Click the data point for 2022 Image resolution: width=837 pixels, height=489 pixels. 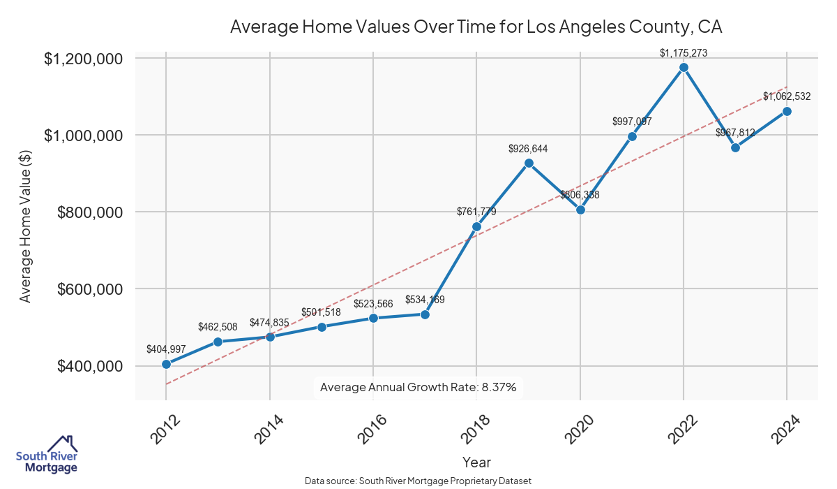click(x=684, y=67)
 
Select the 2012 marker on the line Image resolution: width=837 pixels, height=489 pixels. click(x=166, y=364)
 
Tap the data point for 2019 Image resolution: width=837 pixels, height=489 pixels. click(x=529, y=163)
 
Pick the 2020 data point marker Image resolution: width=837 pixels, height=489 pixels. click(x=580, y=210)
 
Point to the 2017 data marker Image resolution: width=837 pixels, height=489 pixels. click(x=425, y=314)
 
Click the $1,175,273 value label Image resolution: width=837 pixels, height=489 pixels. click(x=684, y=52)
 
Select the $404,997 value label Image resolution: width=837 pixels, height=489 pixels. click(x=166, y=349)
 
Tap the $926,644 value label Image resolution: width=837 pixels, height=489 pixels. click(x=529, y=148)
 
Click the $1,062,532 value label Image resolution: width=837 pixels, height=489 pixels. click(x=787, y=96)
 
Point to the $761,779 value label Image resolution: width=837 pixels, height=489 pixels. click(x=476, y=211)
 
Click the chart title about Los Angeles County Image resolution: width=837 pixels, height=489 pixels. click(x=476, y=27)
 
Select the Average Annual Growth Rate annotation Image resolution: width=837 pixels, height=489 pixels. click(x=418, y=387)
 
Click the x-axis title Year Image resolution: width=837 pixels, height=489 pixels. click(x=476, y=462)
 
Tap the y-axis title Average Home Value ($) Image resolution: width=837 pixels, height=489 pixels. click(x=26, y=228)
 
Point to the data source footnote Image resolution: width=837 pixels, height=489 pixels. click(x=418, y=481)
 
